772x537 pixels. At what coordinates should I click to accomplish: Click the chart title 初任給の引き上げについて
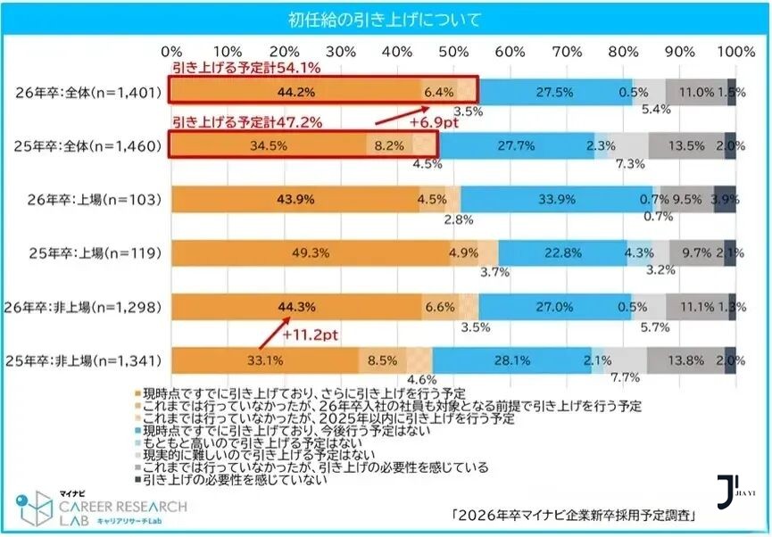(386, 20)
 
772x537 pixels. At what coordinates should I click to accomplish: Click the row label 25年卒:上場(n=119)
(87, 252)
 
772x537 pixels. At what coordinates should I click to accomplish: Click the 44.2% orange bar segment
(295, 91)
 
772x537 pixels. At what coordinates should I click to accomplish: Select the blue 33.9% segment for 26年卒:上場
(555, 199)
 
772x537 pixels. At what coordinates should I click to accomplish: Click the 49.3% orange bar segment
(310, 252)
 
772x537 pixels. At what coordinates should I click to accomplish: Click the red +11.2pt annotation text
(311, 335)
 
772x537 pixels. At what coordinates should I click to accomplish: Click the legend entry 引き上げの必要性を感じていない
(234, 479)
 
